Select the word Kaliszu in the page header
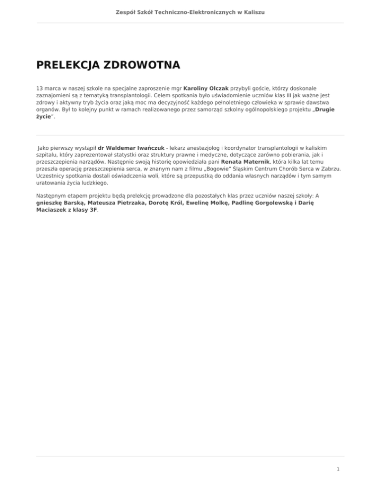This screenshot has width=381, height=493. (254, 10)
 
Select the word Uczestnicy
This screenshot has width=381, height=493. (53, 176)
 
